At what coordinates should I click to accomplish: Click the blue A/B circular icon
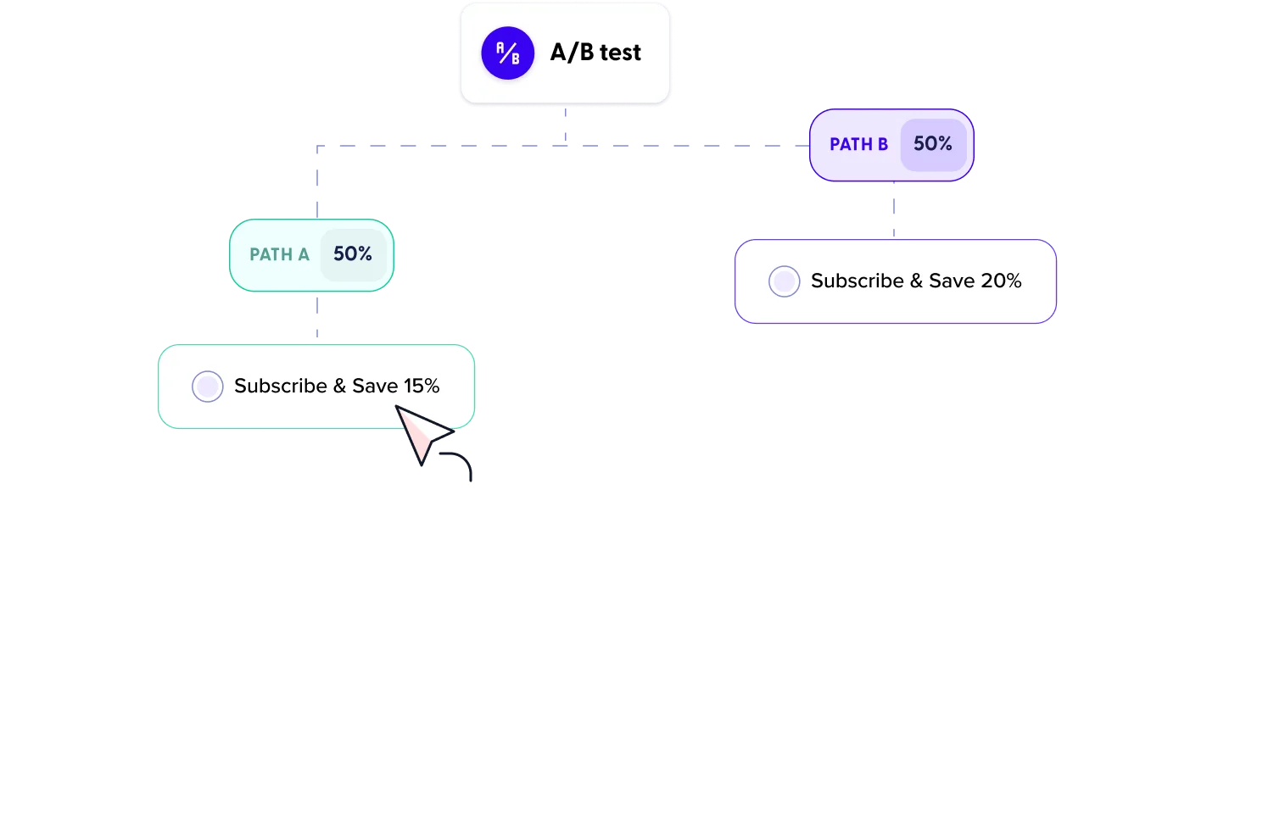click(507, 53)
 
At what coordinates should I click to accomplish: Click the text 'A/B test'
click(595, 53)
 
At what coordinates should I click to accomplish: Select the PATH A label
click(279, 254)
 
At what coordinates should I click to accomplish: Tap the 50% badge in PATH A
click(353, 254)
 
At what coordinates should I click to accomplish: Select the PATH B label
click(858, 144)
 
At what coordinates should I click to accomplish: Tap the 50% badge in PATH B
click(933, 144)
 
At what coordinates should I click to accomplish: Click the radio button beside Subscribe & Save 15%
click(208, 387)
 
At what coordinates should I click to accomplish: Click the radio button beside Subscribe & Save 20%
click(784, 281)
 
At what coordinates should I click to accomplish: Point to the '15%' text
click(422, 387)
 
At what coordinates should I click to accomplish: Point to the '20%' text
click(1001, 281)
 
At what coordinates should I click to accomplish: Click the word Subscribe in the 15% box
click(281, 387)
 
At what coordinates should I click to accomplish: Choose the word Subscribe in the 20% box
click(857, 281)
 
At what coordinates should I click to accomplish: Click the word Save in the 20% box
click(951, 281)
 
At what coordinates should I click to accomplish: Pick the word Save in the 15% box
click(375, 387)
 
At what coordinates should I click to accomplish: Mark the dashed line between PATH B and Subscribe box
click(892, 210)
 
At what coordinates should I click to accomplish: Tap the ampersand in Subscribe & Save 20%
click(916, 281)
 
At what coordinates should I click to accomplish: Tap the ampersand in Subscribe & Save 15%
click(339, 387)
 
